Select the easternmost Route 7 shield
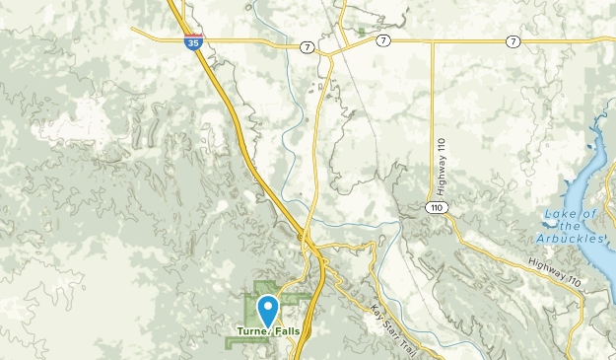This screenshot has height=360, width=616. [513, 40]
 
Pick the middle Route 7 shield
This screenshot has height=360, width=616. [382, 40]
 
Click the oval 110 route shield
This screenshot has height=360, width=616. [435, 206]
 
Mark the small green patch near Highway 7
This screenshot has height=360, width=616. [363, 32]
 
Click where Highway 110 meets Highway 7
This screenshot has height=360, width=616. [435, 40]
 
